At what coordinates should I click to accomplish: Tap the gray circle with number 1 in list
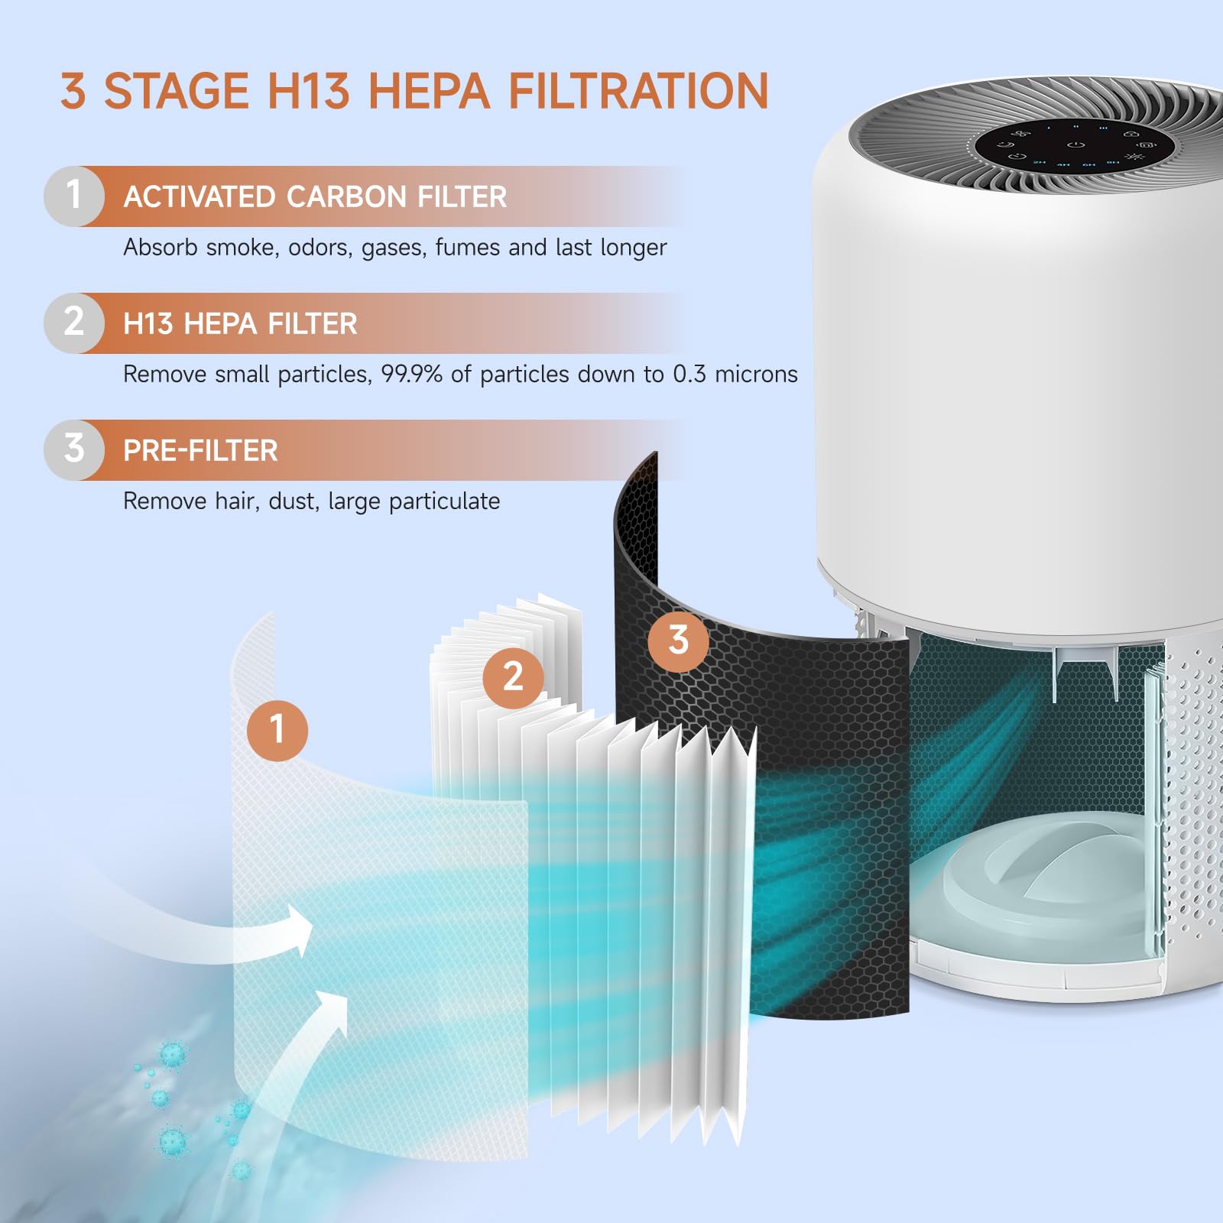(73, 196)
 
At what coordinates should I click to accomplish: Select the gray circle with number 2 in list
(73, 323)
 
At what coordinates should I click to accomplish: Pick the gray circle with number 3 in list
(73, 449)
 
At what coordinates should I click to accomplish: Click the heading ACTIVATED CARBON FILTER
(315, 197)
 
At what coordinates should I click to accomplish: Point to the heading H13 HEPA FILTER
(240, 324)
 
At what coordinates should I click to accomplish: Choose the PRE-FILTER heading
(200, 451)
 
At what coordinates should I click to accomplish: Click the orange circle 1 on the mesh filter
(277, 730)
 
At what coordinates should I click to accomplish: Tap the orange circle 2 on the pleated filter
(513, 678)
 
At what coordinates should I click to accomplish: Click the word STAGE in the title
(176, 92)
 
